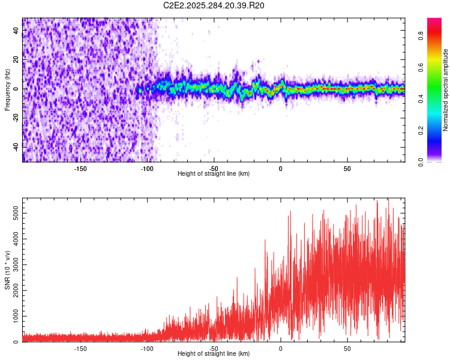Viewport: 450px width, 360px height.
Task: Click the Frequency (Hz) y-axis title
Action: point(7,90)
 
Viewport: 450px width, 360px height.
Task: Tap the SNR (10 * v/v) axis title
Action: point(7,270)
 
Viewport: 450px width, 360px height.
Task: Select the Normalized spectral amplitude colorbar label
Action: point(446,90)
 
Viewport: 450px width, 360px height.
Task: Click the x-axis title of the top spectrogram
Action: point(214,174)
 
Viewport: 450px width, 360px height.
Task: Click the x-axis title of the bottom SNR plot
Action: point(214,354)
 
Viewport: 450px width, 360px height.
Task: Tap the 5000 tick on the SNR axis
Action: point(13,213)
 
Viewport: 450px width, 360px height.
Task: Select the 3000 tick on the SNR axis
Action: point(13,265)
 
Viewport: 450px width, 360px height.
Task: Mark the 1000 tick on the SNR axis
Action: point(13,316)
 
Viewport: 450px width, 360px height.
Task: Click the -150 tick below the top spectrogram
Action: point(80,169)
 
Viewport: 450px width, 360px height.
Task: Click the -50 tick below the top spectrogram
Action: point(214,169)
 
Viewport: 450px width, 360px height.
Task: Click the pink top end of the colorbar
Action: point(434,22)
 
